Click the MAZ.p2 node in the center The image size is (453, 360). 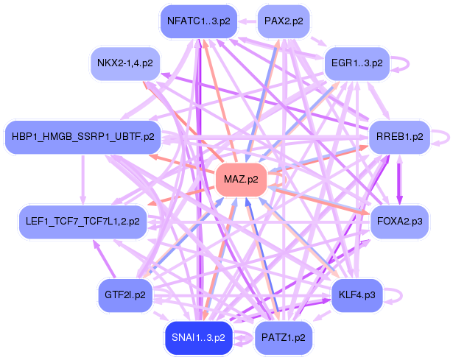click(x=241, y=180)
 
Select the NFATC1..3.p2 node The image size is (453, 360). click(x=199, y=21)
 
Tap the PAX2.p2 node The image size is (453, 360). click(x=284, y=21)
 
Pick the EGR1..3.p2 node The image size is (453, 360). click(x=357, y=63)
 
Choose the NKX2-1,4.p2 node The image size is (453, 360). click(x=125, y=63)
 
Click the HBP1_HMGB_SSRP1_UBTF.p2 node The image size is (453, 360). click(x=83, y=137)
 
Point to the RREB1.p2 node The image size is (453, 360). click(x=399, y=137)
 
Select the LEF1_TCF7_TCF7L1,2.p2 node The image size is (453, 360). click(x=83, y=222)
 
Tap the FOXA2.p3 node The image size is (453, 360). click(x=399, y=222)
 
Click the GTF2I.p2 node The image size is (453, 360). click(x=125, y=295)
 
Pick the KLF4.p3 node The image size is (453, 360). click(x=357, y=295)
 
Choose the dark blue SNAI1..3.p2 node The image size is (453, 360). click(x=198, y=338)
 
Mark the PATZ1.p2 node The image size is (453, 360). click(x=284, y=338)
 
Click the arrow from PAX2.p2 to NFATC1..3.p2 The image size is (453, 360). click(x=247, y=21)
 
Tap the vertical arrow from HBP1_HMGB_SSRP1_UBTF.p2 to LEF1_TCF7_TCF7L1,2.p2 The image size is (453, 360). click(x=83, y=180)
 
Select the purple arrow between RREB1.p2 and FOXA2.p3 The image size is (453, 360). click(x=399, y=180)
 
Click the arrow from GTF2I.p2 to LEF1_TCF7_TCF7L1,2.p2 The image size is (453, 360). click(x=103, y=259)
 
